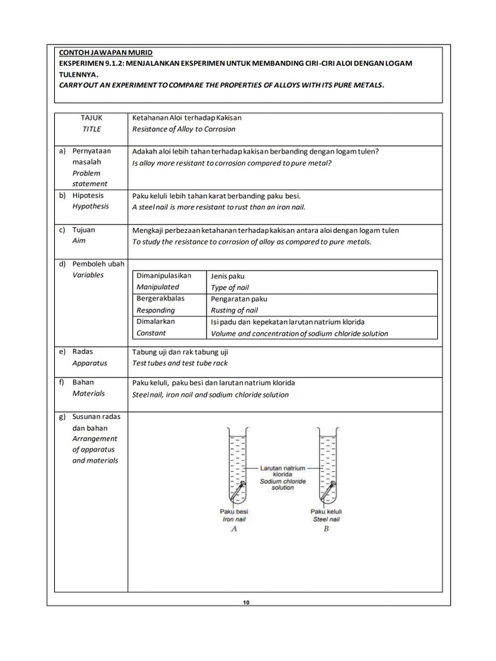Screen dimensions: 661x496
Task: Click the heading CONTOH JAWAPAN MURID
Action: click(x=106, y=52)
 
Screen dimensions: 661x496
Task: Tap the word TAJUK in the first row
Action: click(x=91, y=118)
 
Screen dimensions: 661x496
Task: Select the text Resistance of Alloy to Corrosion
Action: click(x=183, y=129)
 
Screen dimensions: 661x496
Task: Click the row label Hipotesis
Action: click(x=88, y=196)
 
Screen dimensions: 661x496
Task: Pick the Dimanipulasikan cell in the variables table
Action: click(x=163, y=276)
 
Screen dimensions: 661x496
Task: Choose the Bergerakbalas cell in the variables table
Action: click(x=160, y=299)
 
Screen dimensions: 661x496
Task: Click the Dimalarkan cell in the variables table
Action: click(x=155, y=321)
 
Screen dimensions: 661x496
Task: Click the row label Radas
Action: click(x=83, y=352)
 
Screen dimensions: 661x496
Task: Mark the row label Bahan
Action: click(x=83, y=382)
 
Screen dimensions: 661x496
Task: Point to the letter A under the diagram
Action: click(x=234, y=529)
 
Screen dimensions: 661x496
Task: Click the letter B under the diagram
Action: click(x=326, y=529)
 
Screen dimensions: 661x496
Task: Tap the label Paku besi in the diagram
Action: click(x=234, y=511)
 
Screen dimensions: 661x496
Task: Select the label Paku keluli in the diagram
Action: click(x=326, y=511)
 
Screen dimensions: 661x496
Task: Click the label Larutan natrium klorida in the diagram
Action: click(x=283, y=470)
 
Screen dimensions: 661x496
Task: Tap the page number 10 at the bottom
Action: click(x=246, y=603)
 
